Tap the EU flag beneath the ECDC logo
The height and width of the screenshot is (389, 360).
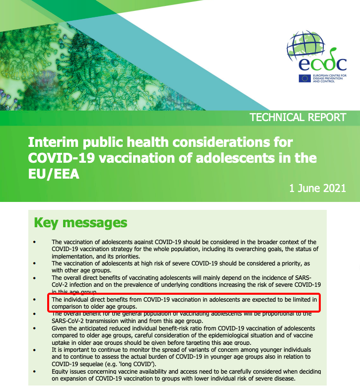[x=305, y=78]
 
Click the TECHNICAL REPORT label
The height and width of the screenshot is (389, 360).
[x=297, y=118]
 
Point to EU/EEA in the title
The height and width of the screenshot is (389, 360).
[x=54, y=174]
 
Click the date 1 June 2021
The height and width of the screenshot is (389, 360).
[x=317, y=189]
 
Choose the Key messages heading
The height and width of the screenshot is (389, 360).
[x=80, y=222]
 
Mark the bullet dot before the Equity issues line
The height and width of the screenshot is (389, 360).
[x=35, y=371]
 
